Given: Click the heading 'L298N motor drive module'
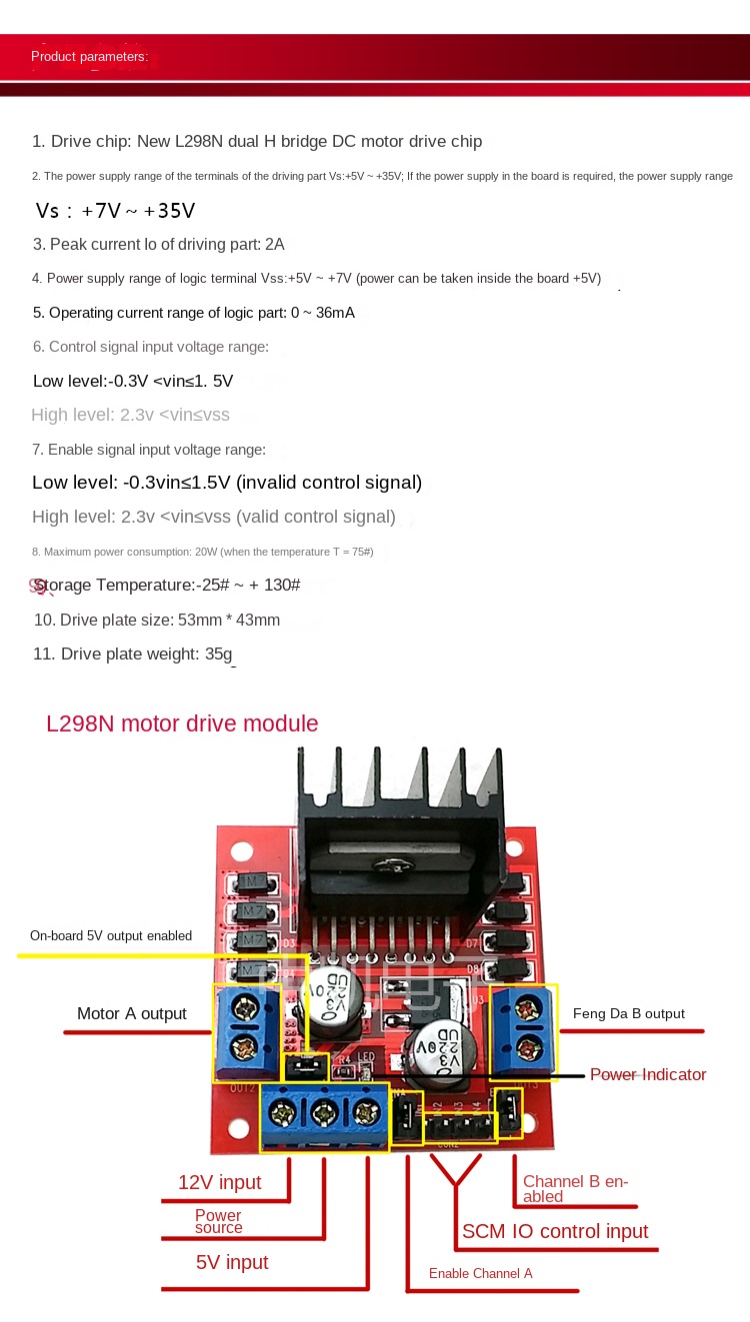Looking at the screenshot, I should pos(182,723).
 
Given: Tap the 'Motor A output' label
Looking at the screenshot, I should pos(131,1013).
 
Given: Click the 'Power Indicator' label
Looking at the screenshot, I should pos(648,1074).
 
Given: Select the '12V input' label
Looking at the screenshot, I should pos(219,1182).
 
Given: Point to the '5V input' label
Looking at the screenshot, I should pos(232,1262).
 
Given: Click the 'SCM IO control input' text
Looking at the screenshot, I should pos(554,1231).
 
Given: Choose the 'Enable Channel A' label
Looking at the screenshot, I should pos(480,1273).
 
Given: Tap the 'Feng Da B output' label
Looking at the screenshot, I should pos(628,1013).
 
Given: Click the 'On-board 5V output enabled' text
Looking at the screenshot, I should pos(110,936).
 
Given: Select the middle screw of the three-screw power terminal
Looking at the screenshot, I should pos(327,1109).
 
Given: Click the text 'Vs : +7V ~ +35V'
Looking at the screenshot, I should pos(115,211).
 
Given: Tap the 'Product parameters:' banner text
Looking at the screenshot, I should pos(89,57).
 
